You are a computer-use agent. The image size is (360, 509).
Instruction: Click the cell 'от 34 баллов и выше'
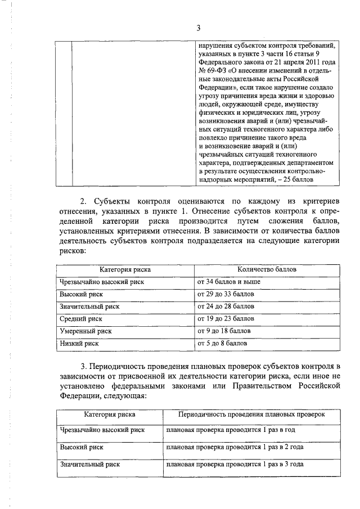tap(228, 282)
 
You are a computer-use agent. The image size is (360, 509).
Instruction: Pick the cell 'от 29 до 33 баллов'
tap(226, 294)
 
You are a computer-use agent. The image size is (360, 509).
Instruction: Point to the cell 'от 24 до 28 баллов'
tap(226, 307)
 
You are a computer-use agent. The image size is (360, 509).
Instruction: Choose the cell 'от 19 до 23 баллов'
tap(226, 318)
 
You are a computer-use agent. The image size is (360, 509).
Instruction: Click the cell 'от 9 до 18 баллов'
tap(224, 331)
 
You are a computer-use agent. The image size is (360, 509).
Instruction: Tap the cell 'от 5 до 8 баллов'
tap(222, 343)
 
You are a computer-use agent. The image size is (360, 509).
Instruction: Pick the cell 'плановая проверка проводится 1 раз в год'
tap(231, 430)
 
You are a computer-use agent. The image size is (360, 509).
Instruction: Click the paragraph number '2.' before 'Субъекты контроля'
tap(83, 201)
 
